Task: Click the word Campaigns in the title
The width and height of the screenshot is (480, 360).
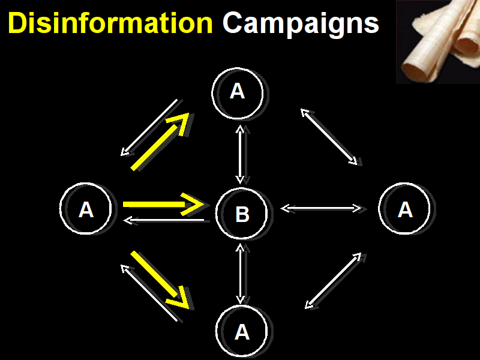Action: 301,24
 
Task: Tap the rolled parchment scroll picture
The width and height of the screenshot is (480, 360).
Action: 438,42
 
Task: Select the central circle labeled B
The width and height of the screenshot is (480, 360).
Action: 241,214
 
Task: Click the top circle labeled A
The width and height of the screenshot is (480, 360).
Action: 238,91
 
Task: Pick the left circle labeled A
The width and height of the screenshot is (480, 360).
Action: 86,209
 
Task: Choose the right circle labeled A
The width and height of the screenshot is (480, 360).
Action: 404,209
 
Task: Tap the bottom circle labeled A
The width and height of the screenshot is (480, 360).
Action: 241,331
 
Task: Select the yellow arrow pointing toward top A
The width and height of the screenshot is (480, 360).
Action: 160,142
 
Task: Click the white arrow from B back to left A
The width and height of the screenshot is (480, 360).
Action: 164,221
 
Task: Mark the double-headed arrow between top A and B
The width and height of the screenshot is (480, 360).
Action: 240,154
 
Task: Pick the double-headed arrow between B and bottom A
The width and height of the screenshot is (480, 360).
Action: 241,273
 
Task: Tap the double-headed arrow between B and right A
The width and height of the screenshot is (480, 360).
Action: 321,208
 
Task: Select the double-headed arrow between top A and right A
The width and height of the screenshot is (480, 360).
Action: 329,136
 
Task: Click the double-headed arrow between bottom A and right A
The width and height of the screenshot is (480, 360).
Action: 333,281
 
